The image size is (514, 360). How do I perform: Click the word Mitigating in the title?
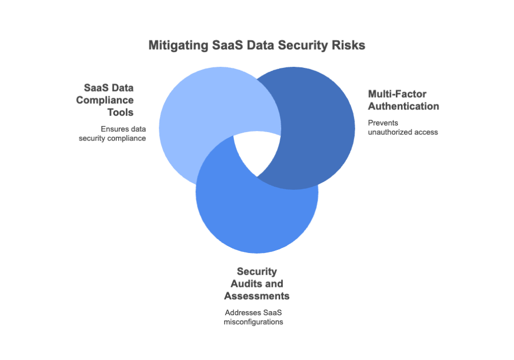pyautogui.click(x=178, y=45)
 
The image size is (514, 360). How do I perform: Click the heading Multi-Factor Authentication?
pyautogui.click(x=403, y=100)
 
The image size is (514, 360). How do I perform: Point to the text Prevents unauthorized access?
pyautogui.click(x=402, y=128)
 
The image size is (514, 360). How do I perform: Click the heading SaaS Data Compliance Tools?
pyautogui.click(x=108, y=100)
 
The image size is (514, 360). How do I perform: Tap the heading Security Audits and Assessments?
pyautogui.click(x=256, y=284)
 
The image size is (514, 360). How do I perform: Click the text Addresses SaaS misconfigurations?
pyautogui.click(x=254, y=317)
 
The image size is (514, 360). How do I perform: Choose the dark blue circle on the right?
pyautogui.click(x=319, y=123)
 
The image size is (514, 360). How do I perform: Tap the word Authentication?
pyautogui.click(x=403, y=106)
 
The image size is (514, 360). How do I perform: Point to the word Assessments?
pyautogui.click(x=256, y=296)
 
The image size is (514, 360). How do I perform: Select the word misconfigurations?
pyautogui.click(x=254, y=322)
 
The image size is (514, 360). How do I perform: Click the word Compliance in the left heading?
pyautogui.click(x=105, y=100)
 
